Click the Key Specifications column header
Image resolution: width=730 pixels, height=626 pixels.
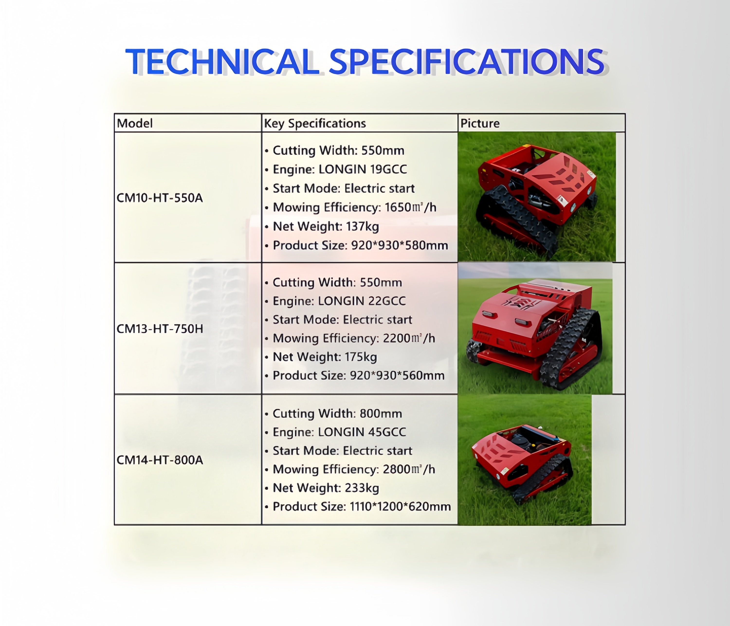[315, 123]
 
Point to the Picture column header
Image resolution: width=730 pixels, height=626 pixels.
[480, 123]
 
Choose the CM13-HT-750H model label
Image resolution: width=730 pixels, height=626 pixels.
[160, 329]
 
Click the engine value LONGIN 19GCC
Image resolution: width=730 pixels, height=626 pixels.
[363, 169]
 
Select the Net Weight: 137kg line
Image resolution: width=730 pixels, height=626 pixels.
[326, 226]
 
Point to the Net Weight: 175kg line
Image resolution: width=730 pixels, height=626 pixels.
[325, 357]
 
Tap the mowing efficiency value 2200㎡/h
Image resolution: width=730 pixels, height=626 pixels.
[409, 338]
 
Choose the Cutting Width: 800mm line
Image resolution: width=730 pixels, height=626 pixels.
[337, 414]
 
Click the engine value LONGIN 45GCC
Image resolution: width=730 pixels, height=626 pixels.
[362, 432]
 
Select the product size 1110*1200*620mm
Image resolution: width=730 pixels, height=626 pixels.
[400, 506]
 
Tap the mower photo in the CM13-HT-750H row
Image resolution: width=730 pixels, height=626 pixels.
[535, 328]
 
